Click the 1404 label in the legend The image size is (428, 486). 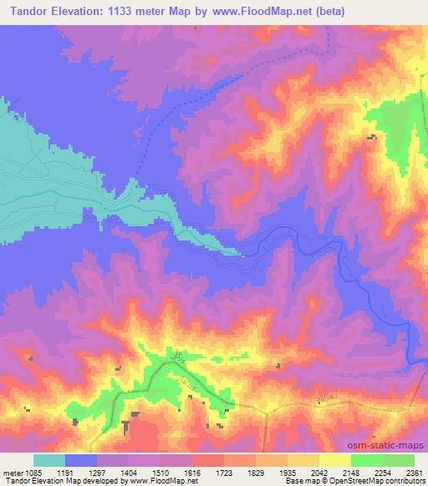coord(138,472)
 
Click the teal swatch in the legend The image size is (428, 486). coord(48,460)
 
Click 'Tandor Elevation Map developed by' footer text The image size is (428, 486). coord(56,481)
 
